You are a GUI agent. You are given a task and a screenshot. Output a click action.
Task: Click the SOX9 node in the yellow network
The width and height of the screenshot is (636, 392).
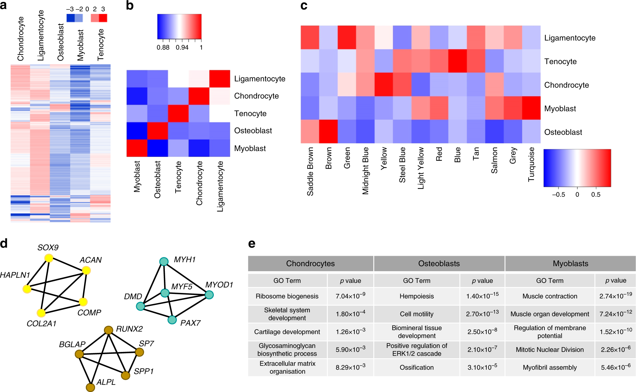click(x=49, y=258)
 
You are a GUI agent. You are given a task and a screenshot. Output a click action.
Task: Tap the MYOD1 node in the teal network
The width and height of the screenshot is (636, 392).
click(x=209, y=295)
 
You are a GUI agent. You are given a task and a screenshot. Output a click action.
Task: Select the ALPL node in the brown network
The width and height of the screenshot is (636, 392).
click(x=90, y=387)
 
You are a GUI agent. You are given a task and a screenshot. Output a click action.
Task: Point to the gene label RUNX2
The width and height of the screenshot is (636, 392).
click(x=129, y=329)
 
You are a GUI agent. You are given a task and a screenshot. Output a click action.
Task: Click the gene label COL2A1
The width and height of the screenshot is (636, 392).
click(x=41, y=324)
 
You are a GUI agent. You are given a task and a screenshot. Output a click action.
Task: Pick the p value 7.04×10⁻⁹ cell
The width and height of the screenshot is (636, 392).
click(x=350, y=296)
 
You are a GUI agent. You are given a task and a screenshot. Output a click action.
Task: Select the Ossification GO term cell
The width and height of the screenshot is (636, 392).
click(x=417, y=367)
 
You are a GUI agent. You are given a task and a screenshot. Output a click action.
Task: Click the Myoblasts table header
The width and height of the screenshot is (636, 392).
click(x=570, y=264)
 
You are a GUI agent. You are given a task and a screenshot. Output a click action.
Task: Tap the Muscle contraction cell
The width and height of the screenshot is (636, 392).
click(x=549, y=296)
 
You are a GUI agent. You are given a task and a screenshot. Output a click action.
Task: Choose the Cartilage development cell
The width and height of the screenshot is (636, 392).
click(x=287, y=332)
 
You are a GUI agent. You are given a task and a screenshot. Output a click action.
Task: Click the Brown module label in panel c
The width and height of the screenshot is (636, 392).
click(x=329, y=158)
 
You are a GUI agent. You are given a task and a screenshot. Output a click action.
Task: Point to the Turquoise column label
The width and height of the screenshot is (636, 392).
click(x=531, y=164)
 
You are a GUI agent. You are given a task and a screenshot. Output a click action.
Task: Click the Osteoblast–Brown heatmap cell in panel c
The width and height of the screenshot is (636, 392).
click(x=328, y=132)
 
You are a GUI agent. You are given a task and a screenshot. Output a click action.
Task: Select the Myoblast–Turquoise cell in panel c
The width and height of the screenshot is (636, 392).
click(x=531, y=108)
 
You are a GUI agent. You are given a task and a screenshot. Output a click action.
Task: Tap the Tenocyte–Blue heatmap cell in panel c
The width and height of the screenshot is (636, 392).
click(x=458, y=61)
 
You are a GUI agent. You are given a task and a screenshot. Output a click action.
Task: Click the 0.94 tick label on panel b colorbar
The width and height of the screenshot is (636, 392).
click(x=182, y=48)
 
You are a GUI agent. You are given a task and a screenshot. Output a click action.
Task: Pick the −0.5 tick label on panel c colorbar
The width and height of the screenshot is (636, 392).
click(x=558, y=195)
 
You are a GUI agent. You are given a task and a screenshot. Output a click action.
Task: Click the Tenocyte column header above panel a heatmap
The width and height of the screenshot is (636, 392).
click(x=101, y=45)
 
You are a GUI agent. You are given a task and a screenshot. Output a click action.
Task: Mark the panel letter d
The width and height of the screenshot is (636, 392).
click(x=4, y=243)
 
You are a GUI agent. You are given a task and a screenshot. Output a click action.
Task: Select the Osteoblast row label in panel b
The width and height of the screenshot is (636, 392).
click(x=253, y=131)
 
